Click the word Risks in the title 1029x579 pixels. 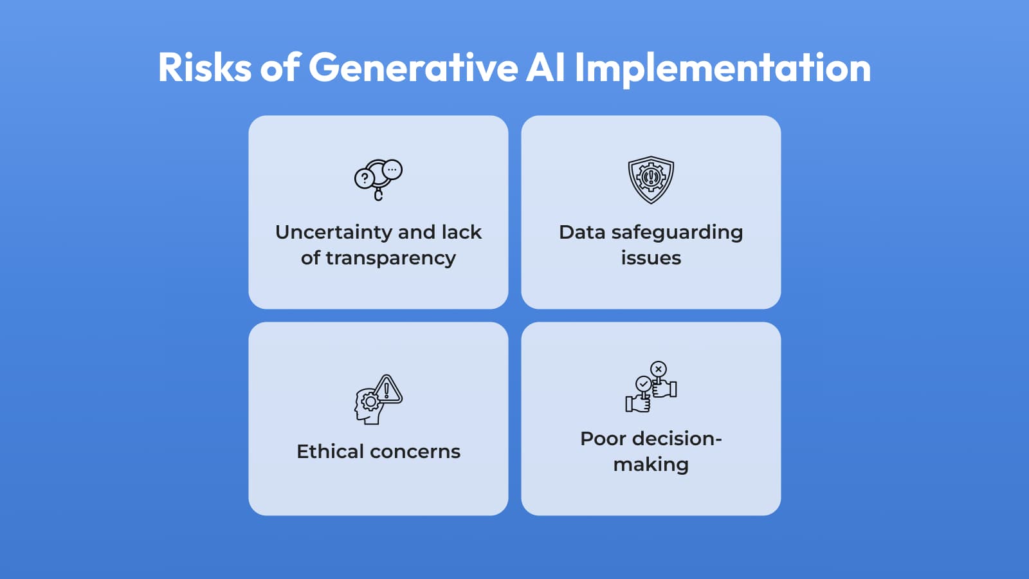(x=205, y=68)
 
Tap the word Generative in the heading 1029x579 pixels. (x=413, y=68)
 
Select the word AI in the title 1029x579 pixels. (x=545, y=68)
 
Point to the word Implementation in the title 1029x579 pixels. (x=723, y=68)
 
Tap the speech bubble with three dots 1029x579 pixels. (x=392, y=170)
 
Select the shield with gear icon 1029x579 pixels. (x=651, y=179)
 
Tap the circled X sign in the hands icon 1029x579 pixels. (x=658, y=369)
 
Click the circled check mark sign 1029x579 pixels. (x=643, y=384)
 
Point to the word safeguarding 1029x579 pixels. (x=677, y=233)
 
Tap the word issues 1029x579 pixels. (x=651, y=258)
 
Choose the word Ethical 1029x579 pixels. (x=330, y=452)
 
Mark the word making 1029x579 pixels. (x=651, y=464)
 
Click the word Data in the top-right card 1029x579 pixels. (x=581, y=232)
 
